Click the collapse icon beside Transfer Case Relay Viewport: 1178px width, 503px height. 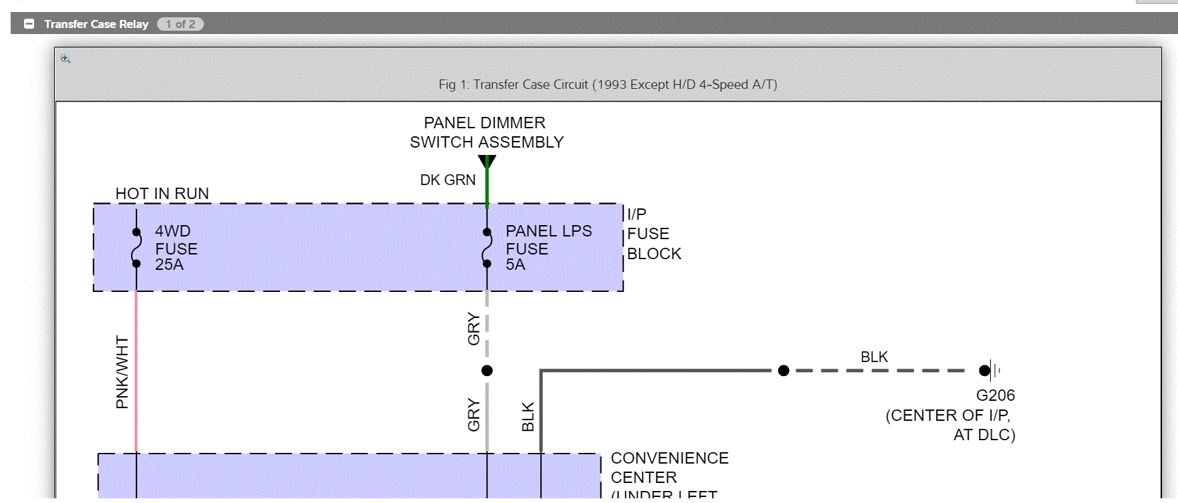point(29,24)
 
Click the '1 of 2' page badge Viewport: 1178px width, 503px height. point(181,24)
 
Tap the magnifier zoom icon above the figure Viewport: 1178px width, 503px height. point(66,59)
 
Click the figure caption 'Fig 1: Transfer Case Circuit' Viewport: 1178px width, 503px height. point(607,85)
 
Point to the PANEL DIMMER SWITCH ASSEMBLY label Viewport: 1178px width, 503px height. point(486,132)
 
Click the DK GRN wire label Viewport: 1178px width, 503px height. point(447,180)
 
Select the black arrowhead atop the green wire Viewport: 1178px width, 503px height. point(487,161)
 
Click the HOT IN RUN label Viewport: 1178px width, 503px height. point(162,194)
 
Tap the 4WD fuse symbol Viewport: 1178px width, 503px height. point(136,248)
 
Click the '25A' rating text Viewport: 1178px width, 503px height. point(169,265)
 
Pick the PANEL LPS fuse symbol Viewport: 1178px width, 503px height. point(487,248)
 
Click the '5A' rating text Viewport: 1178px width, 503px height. point(515,265)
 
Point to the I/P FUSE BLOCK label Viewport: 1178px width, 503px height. point(653,234)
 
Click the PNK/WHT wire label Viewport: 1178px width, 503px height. point(122,371)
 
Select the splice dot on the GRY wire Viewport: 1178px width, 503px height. point(487,371)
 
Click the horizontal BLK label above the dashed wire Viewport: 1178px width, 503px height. point(874,357)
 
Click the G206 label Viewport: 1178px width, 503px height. point(995,395)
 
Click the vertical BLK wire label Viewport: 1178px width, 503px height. point(527,416)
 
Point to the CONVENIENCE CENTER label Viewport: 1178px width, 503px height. point(669,468)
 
